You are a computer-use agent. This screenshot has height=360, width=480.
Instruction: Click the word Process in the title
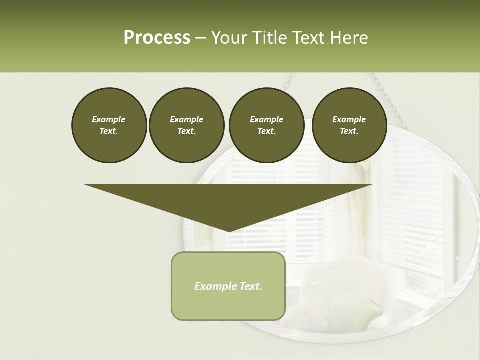(x=157, y=38)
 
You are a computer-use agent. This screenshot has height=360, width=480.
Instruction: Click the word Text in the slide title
(x=310, y=38)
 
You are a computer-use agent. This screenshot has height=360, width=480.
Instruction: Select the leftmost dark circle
(x=109, y=125)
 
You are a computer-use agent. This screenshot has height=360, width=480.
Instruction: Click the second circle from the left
(x=186, y=125)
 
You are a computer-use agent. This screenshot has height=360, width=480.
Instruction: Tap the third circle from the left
(x=266, y=125)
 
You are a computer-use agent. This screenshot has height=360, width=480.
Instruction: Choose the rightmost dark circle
(x=349, y=125)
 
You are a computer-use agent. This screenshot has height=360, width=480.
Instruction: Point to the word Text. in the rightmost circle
(x=349, y=131)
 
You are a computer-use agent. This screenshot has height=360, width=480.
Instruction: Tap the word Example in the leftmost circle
(x=109, y=119)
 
